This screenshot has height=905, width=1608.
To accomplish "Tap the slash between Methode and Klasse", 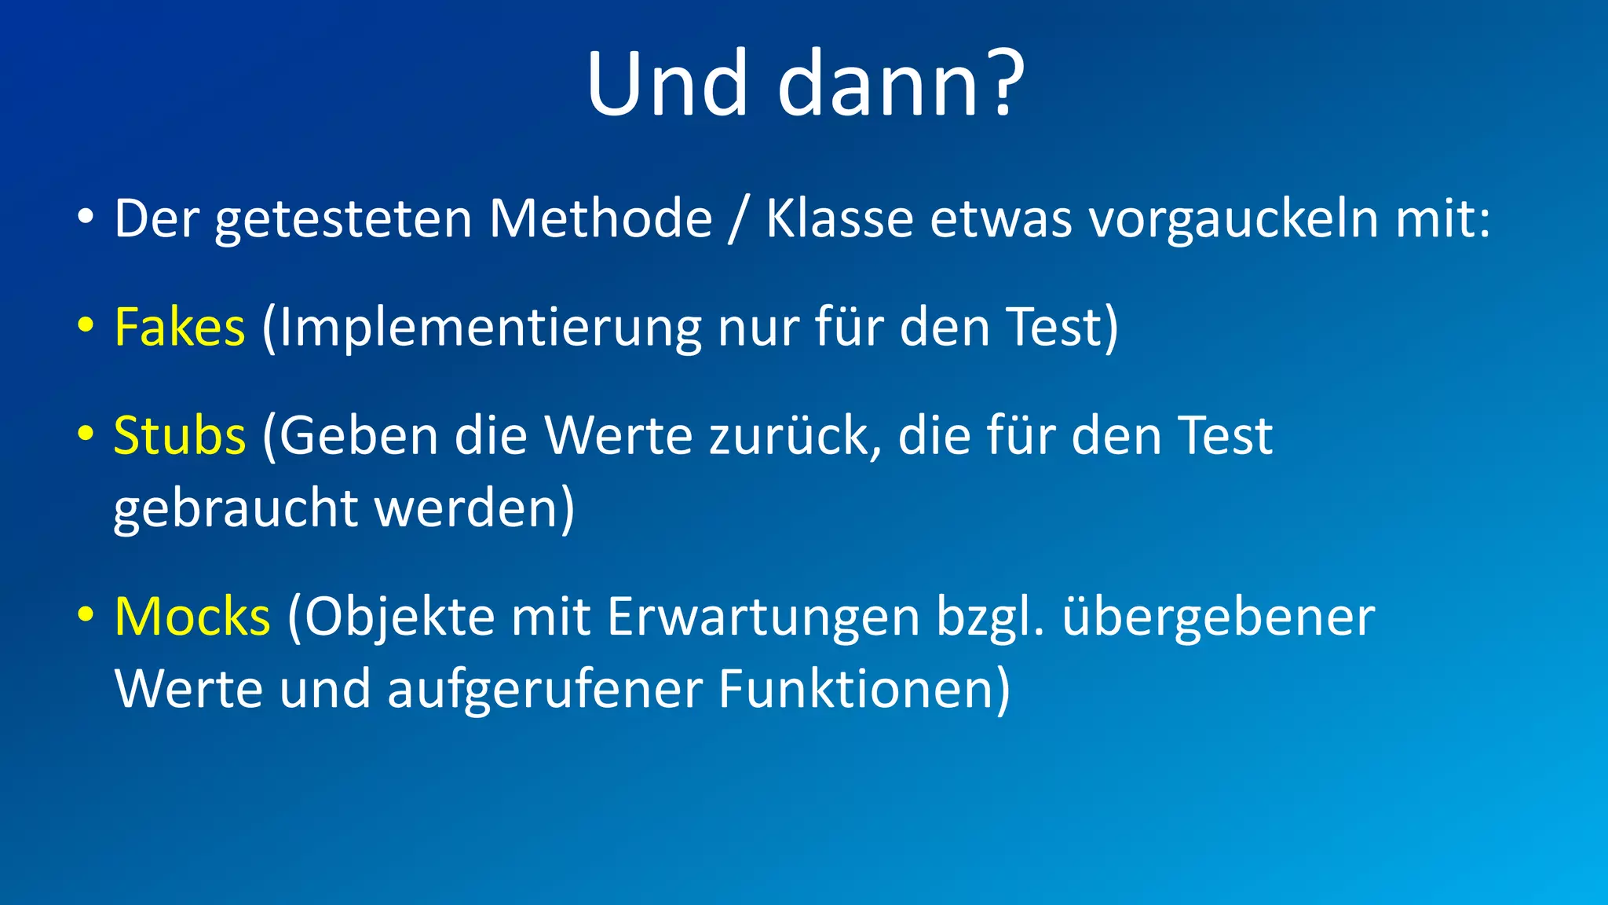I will tap(736, 220).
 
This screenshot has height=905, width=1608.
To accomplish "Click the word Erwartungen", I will tap(763, 618).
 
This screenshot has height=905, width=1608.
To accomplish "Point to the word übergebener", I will tap(1219, 618).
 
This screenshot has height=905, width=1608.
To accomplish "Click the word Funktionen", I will tap(856, 690).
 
